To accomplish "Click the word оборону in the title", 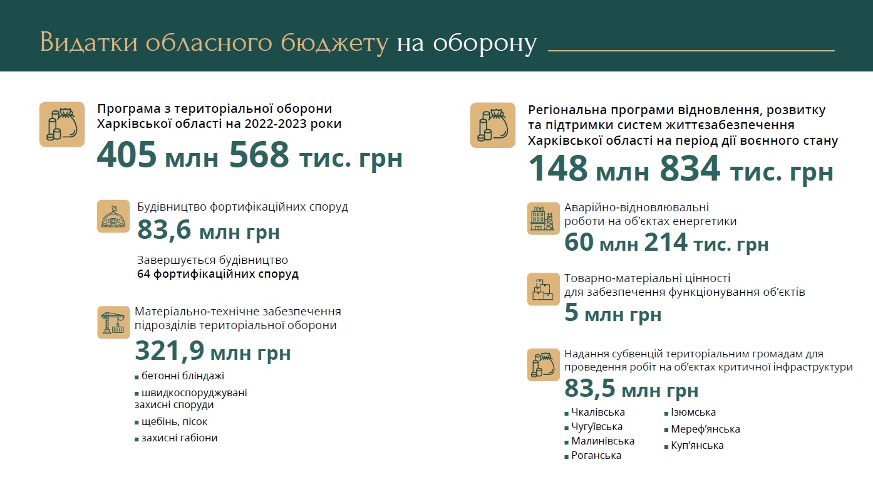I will [x=467, y=43].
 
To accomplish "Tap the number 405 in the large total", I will [x=127, y=155].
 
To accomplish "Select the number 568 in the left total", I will [x=259, y=155].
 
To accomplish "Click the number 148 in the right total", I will [x=559, y=169].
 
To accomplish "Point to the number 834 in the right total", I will [x=690, y=169].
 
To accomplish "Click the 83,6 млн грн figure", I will [x=209, y=231].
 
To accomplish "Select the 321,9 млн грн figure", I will [x=213, y=352].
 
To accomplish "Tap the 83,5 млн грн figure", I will [x=631, y=389].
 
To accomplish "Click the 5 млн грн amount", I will [x=612, y=313].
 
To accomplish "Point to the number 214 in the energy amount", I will [x=665, y=243].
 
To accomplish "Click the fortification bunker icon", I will [x=113, y=216].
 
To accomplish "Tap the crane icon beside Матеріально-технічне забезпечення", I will [x=113, y=322].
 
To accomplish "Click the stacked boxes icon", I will [x=543, y=289].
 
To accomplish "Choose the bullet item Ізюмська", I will [x=693, y=413].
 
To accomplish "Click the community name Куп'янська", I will [x=696, y=446].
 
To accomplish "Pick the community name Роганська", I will [x=596, y=456].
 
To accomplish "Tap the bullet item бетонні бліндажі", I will [x=182, y=376].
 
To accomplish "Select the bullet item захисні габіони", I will [x=179, y=438].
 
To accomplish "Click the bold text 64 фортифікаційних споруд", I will [x=218, y=274].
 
